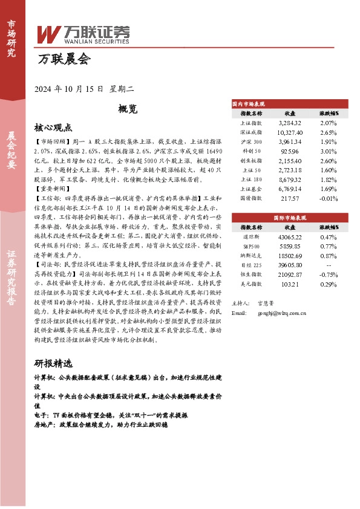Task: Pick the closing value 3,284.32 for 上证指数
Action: click(x=289, y=123)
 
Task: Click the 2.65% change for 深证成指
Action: click(x=329, y=132)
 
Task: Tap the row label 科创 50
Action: click(x=251, y=151)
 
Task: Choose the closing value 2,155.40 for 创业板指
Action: click(x=289, y=161)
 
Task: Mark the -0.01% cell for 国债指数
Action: click(x=329, y=198)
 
